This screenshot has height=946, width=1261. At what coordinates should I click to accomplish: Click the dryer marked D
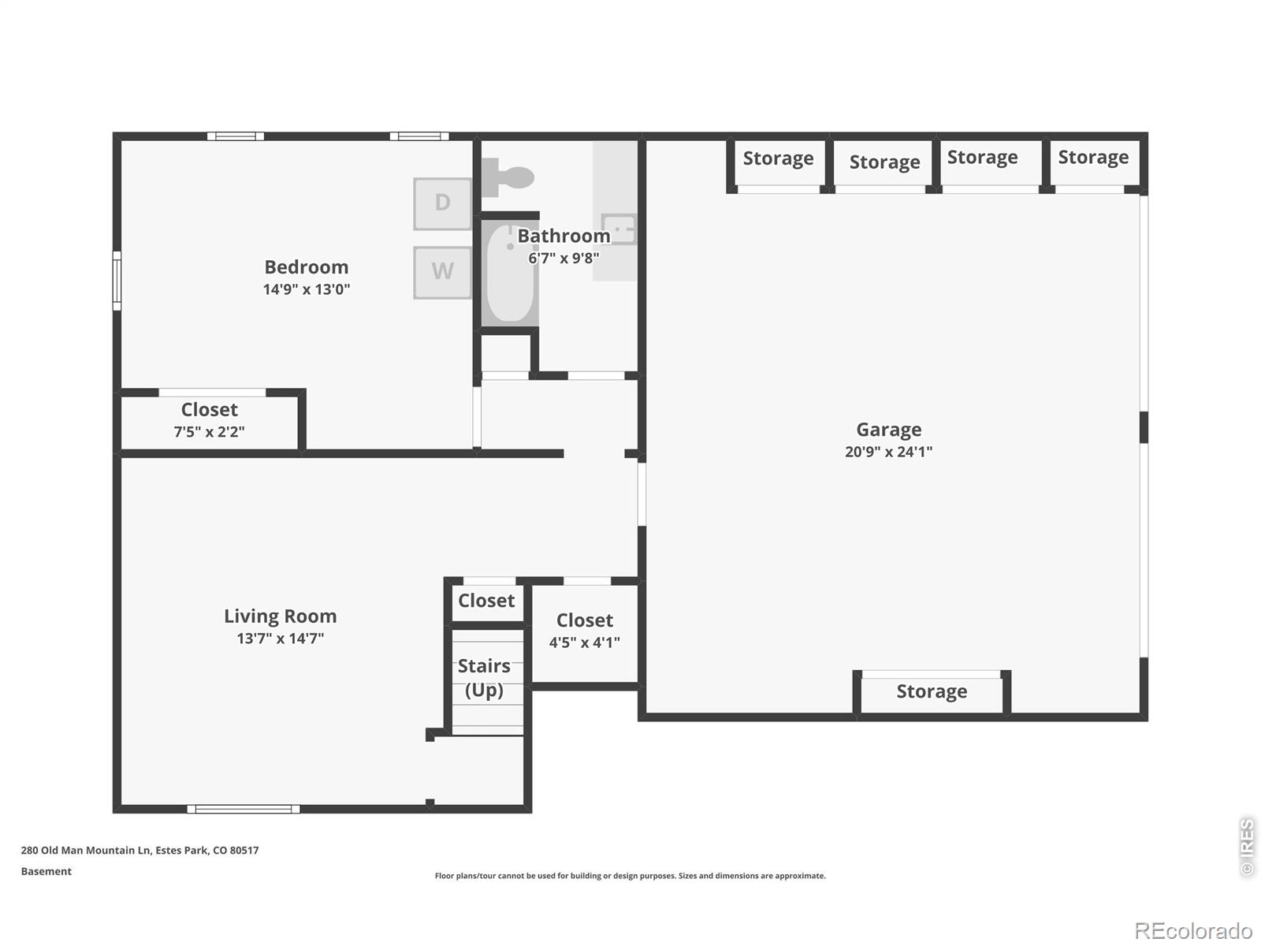point(442,204)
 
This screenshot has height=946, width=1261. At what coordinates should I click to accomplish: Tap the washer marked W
point(442,273)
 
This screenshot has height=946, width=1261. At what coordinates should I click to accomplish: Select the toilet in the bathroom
point(508,177)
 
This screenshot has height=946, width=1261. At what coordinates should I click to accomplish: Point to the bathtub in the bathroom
point(510,273)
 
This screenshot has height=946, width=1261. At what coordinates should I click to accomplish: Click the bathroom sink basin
point(619,229)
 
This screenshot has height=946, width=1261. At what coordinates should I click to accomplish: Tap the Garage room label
point(889,430)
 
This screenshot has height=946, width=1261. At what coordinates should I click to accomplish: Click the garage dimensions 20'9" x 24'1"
point(889,452)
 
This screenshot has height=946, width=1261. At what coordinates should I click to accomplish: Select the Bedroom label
point(307,267)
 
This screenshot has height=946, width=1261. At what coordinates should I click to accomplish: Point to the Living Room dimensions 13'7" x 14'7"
point(281,638)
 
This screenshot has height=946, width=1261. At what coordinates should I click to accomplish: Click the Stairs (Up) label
point(484,678)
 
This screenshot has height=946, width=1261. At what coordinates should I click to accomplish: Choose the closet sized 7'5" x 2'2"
point(209,420)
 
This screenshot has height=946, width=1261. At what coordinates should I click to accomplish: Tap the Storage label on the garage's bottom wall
point(932,691)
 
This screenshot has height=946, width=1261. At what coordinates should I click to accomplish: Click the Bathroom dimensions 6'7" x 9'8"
point(564,258)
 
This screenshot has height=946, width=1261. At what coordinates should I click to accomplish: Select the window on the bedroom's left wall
point(117,281)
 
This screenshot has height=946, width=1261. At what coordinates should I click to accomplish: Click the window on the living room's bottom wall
point(244,810)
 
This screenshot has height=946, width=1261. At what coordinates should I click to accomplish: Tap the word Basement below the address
point(46,871)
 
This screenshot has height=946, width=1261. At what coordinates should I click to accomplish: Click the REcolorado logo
point(1194,930)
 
